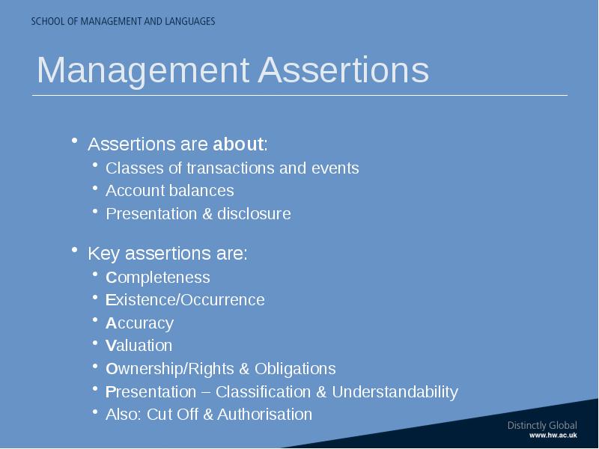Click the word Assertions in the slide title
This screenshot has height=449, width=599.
pyautogui.click(x=344, y=70)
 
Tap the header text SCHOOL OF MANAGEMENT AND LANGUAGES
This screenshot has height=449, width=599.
pyautogui.click(x=123, y=21)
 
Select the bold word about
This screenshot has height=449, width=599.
pyautogui.click(x=238, y=144)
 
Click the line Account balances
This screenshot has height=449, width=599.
pyautogui.click(x=170, y=191)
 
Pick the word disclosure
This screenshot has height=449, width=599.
pyautogui.click(x=254, y=214)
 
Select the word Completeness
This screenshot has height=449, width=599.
pyautogui.click(x=158, y=278)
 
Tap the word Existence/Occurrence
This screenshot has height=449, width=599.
pyautogui.click(x=185, y=300)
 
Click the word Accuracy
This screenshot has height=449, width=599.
pyautogui.click(x=139, y=324)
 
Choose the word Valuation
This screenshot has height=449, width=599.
pyautogui.click(x=139, y=346)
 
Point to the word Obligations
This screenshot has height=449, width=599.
pyautogui.click(x=295, y=369)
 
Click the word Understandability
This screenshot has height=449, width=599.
pyautogui.click(x=395, y=392)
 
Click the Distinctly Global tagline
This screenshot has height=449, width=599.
pyautogui.click(x=542, y=426)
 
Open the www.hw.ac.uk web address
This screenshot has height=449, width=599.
pyautogui.click(x=553, y=436)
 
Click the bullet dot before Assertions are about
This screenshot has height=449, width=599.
pyautogui.click(x=74, y=141)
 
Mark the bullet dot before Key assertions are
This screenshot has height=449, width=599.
pyautogui.click(x=74, y=250)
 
